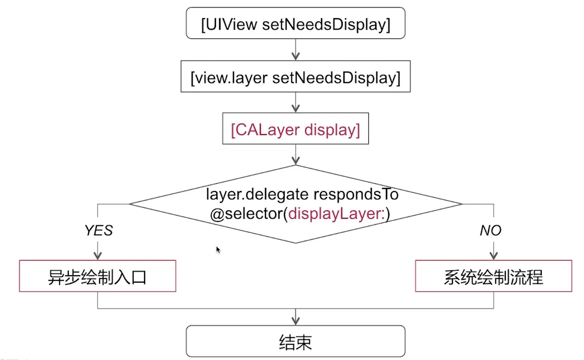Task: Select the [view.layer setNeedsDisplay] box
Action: [x=295, y=78]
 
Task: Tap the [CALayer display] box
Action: [x=295, y=130]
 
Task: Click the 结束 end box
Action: [x=295, y=341]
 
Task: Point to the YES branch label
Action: [x=99, y=230]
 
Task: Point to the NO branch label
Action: [x=490, y=230]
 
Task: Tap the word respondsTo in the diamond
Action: [x=356, y=195]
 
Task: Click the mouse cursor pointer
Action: [x=218, y=249]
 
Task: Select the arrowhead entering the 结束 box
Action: [x=295, y=321]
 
